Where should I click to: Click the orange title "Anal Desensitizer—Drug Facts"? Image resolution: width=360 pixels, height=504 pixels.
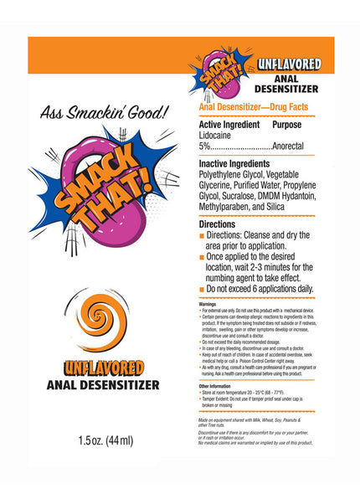click(252, 108)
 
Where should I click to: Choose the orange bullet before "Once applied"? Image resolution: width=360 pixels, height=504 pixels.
click(202, 257)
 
